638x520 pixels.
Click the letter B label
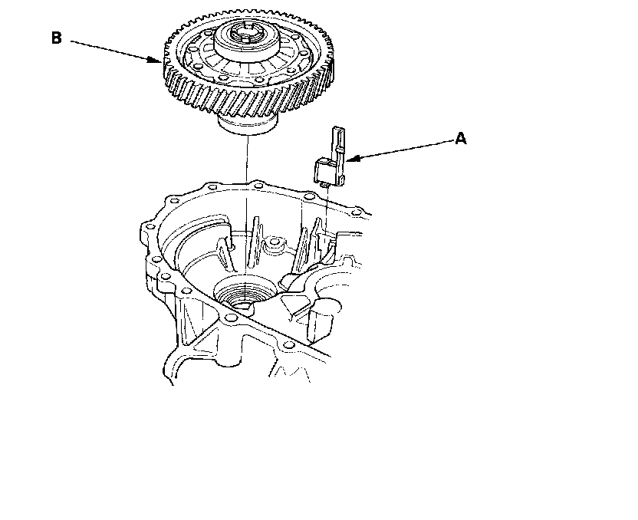click(x=57, y=38)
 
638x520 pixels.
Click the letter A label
click(x=461, y=138)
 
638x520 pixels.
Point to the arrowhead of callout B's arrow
click(x=156, y=61)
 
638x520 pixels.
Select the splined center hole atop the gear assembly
click(x=245, y=32)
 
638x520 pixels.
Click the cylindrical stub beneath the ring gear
click(x=248, y=123)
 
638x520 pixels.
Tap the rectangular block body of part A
click(x=325, y=171)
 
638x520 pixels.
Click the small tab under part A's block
click(x=324, y=186)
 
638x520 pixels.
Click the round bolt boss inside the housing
click(x=275, y=243)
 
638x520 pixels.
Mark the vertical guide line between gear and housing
click(x=247, y=203)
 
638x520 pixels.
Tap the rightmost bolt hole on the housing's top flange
click(x=357, y=212)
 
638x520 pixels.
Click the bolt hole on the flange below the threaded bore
click(x=230, y=318)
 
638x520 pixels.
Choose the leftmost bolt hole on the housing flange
click(x=150, y=226)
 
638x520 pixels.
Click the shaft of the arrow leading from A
click(x=400, y=150)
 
